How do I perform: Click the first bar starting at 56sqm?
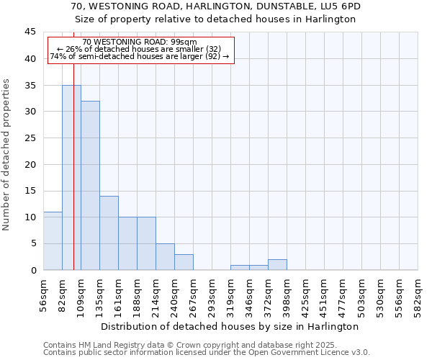click(x=53, y=240)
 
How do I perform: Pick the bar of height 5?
click(x=165, y=256)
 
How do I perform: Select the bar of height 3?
click(x=184, y=262)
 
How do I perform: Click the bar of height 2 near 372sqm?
click(x=277, y=264)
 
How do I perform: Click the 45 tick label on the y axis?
click(x=30, y=32)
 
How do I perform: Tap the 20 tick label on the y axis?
click(x=30, y=164)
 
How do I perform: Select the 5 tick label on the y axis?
click(x=33, y=243)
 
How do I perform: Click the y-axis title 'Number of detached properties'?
click(x=7, y=155)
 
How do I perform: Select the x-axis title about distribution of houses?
click(x=230, y=326)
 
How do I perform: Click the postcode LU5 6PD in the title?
click(x=337, y=6)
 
